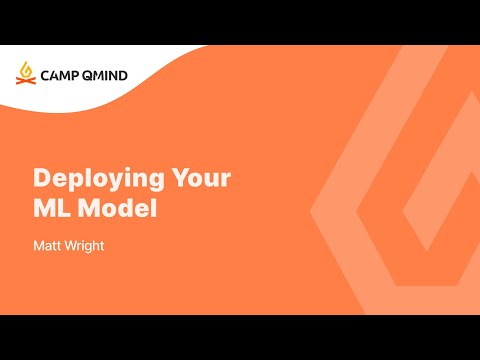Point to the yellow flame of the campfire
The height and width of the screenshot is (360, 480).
tap(25, 68)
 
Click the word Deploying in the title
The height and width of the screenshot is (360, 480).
tap(95, 180)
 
